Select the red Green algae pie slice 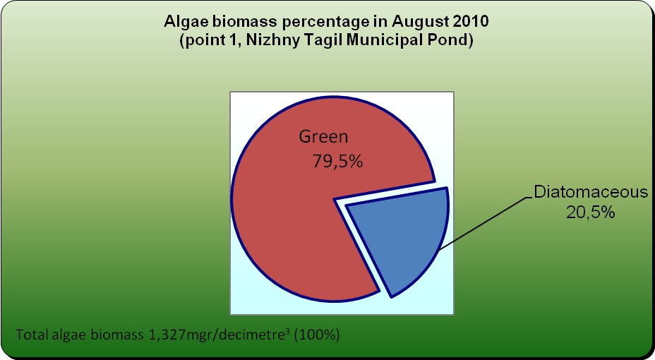tap(292, 209)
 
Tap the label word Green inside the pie tap(323, 137)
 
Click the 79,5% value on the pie tap(337, 161)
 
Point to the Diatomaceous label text tap(591, 192)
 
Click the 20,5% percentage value tap(590, 212)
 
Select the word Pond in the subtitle tap(455, 40)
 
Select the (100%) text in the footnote tap(317, 335)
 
